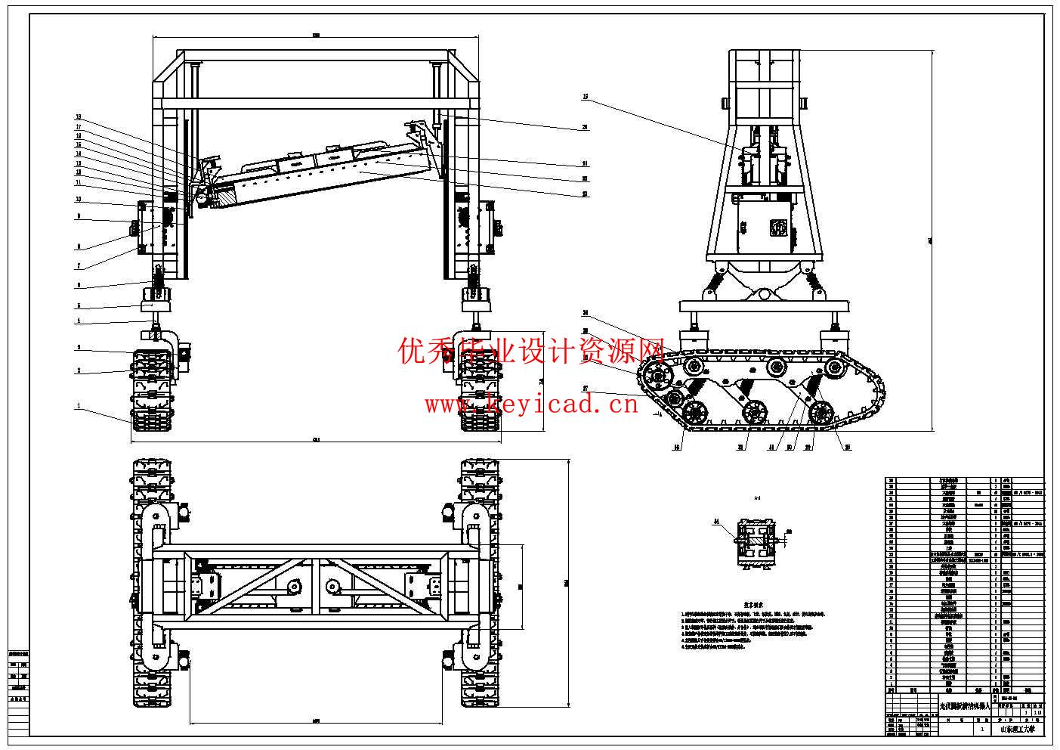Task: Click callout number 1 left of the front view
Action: (x=78, y=406)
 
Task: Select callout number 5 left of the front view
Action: (x=78, y=306)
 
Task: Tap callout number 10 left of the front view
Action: (x=78, y=200)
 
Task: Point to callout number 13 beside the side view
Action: (x=585, y=97)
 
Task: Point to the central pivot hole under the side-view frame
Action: (x=764, y=293)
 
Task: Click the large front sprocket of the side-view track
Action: (x=657, y=377)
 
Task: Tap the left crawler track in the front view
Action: (x=153, y=391)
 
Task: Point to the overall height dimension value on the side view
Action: (x=930, y=240)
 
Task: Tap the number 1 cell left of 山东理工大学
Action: (x=981, y=730)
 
